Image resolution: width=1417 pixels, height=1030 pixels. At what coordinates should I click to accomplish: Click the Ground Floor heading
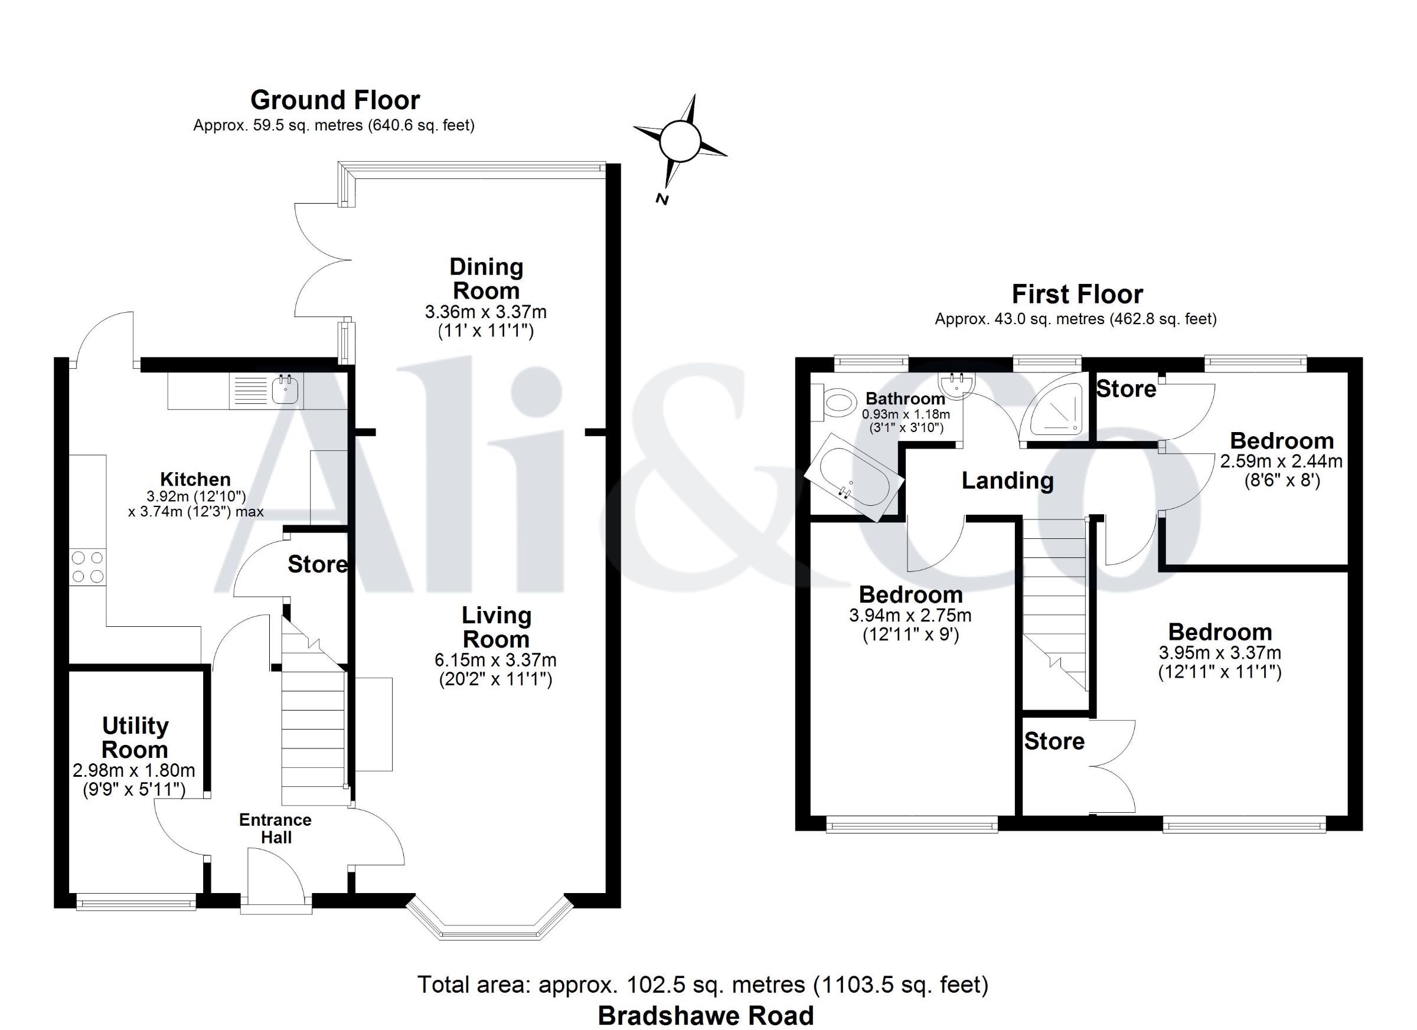coord(335,100)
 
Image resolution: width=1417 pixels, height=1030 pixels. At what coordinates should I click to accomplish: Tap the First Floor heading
coord(1077,294)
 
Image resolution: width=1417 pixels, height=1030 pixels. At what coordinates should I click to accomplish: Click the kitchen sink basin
coord(285,390)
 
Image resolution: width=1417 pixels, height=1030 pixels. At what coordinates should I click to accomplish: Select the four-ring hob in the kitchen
coord(87,567)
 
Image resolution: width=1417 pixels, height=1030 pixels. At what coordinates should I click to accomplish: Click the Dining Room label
coord(486,279)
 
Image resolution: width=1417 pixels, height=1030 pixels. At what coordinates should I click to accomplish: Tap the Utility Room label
coord(135,738)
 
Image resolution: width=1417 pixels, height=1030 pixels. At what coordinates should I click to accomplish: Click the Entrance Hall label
coord(276,828)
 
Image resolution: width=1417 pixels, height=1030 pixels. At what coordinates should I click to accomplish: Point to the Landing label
coord(1008,480)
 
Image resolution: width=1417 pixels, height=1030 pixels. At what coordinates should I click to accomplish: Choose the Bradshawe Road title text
coord(706,1016)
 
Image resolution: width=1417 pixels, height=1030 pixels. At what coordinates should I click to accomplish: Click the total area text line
coord(703,985)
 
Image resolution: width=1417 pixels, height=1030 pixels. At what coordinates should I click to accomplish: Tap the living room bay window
coord(489,921)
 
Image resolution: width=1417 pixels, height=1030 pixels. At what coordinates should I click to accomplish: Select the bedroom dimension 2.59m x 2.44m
coord(1281,462)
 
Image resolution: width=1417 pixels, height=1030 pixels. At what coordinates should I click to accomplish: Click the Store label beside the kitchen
coord(318,565)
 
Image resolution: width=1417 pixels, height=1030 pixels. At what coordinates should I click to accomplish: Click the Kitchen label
coord(195,479)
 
